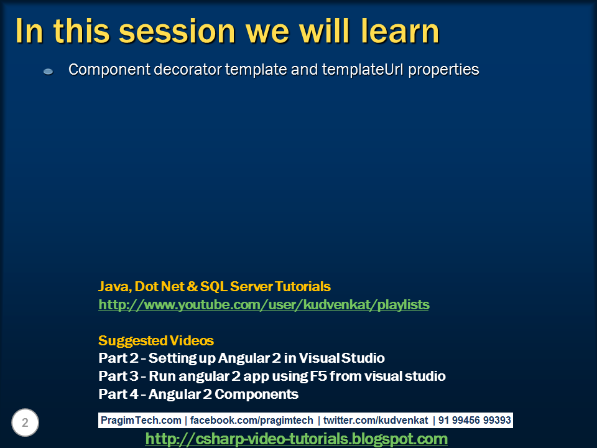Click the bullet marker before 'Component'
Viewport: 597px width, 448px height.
(x=49, y=72)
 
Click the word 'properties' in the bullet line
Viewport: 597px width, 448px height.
(x=442, y=70)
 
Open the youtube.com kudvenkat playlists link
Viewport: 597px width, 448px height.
(x=264, y=305)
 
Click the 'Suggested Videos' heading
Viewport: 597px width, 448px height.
(x=156, y=341)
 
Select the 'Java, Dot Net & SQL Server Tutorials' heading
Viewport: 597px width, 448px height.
(x=215, y=287)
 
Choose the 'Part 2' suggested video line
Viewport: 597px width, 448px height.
(x=241, y=358)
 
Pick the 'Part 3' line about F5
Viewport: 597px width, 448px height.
(x=272, y=376)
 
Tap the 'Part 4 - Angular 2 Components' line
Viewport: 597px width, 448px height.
(x=198, y=394)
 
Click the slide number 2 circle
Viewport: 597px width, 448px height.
(x=25, y=423)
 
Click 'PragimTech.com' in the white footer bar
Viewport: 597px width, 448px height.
(x=141, y=421)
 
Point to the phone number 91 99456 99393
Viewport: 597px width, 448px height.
(x=474, y=421)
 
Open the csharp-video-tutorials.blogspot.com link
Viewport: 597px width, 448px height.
(x=296, y=439)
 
